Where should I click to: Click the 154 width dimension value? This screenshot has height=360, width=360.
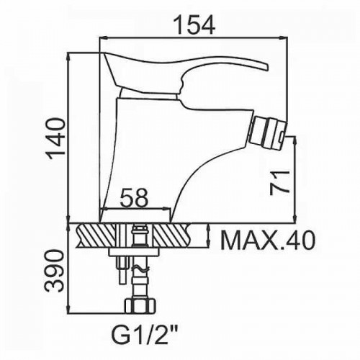point(194,24)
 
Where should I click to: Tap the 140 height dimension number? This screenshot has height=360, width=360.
point(56,139)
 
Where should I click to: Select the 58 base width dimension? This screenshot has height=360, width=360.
point(134,198)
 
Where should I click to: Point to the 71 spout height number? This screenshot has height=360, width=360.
point(279,183)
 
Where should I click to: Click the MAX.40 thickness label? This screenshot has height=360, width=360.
point(267,240)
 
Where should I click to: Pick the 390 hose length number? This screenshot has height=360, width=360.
point(55,271)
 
